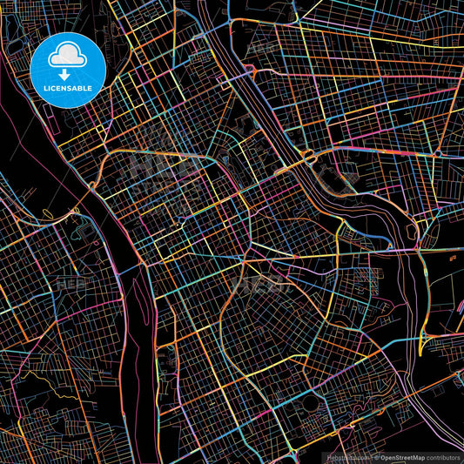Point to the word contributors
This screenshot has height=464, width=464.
[x=443, y=456]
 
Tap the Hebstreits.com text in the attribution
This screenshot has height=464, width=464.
[x=346, y=456]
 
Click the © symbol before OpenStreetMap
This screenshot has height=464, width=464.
[x=377, y=456]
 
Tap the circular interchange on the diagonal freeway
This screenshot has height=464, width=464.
[x=306, y=159]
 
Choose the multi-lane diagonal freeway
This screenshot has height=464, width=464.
[x=261, y=96]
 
